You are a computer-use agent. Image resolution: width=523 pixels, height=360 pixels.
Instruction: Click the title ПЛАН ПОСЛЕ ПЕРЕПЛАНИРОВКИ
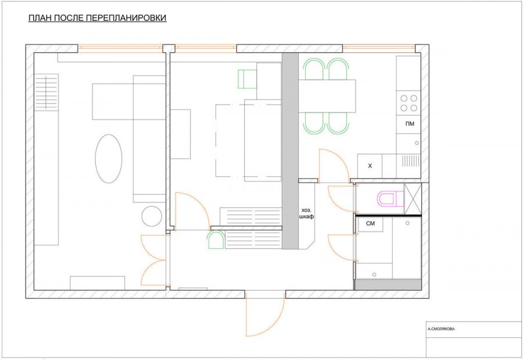(x=97, y=18)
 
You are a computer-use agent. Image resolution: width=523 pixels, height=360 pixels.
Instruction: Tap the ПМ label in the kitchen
(x=410, y=124)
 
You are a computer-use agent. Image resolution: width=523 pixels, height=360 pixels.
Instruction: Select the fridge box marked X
(x=370, y=166)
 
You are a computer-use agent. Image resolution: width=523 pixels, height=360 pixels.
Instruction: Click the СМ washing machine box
(x=371, y=224)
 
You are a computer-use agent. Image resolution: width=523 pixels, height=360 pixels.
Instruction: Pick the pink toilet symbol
(x=391, y=199)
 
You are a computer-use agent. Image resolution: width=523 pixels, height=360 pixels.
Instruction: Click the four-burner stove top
(x=409, y=103)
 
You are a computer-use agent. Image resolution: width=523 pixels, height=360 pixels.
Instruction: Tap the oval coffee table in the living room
(x=109, y=159)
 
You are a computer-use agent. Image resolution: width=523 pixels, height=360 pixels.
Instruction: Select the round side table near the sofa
(x=152, y=216)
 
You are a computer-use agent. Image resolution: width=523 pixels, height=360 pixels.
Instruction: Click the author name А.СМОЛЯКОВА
(x=441, y=329)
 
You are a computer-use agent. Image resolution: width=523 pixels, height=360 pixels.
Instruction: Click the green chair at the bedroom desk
(x=247, y=79)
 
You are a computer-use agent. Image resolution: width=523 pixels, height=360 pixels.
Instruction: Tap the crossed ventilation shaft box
(x=413, y=199)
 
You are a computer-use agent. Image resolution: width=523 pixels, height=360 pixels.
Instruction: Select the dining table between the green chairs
(x=327, y=96)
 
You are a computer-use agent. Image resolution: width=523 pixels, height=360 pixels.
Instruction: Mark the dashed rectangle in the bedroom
(x=248, y=140)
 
